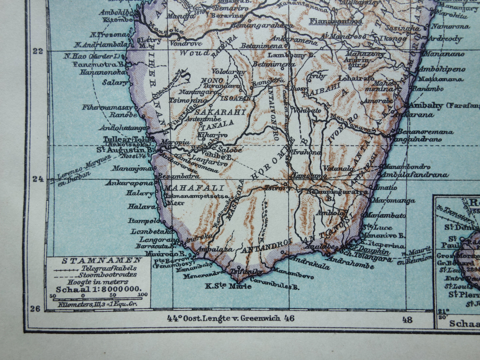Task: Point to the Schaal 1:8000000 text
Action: [x=99, y=289]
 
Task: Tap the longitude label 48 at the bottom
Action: [x=407, y=319]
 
